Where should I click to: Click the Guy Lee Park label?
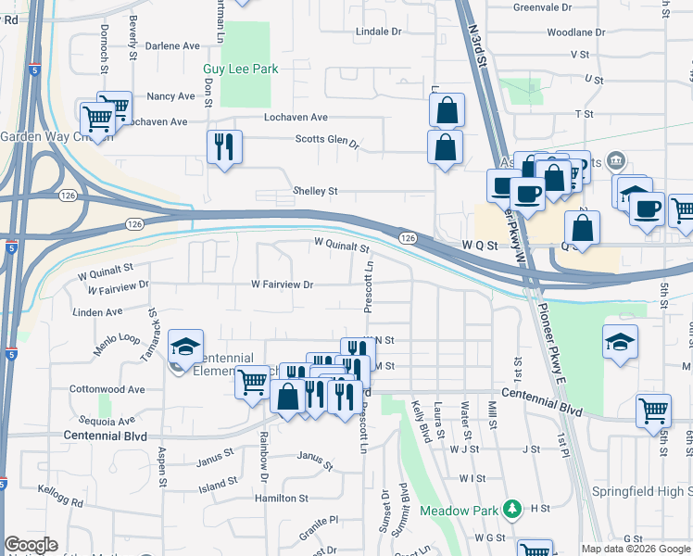point(241,69)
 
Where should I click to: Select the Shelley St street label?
point(316,191)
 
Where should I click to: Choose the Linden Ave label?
point(103,312)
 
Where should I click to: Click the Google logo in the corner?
point(31,545)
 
